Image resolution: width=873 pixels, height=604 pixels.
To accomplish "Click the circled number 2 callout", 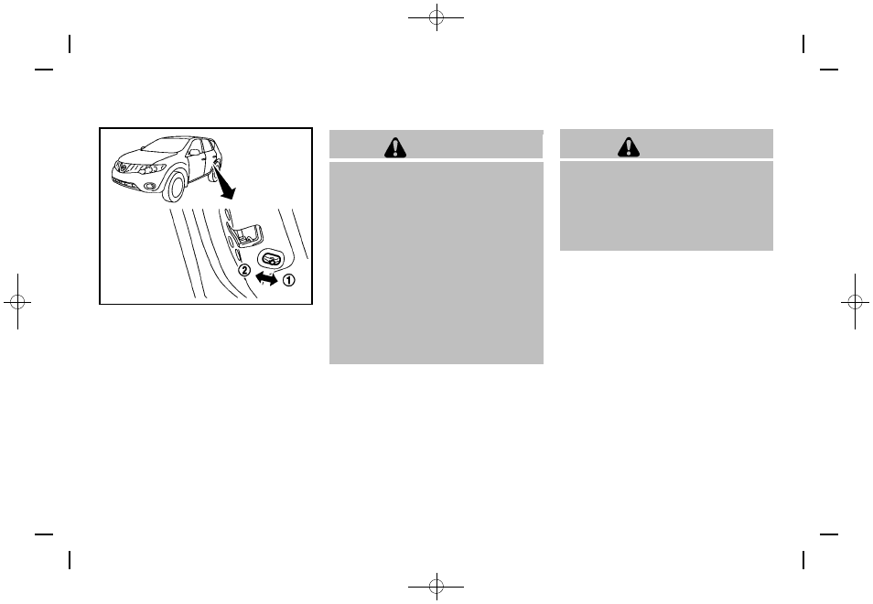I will click(243, 270).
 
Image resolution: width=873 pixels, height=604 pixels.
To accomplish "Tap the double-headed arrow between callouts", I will click(266, 275).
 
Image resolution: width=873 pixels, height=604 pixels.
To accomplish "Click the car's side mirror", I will click(188, 156).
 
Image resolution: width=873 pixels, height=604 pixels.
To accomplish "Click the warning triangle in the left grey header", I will click(395, 147).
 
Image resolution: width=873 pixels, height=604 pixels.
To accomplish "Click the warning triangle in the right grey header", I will click(628, 146).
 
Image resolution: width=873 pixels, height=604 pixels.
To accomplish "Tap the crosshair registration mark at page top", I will click(437, 18).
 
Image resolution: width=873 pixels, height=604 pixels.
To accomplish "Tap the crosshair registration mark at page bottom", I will click(437, 585).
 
